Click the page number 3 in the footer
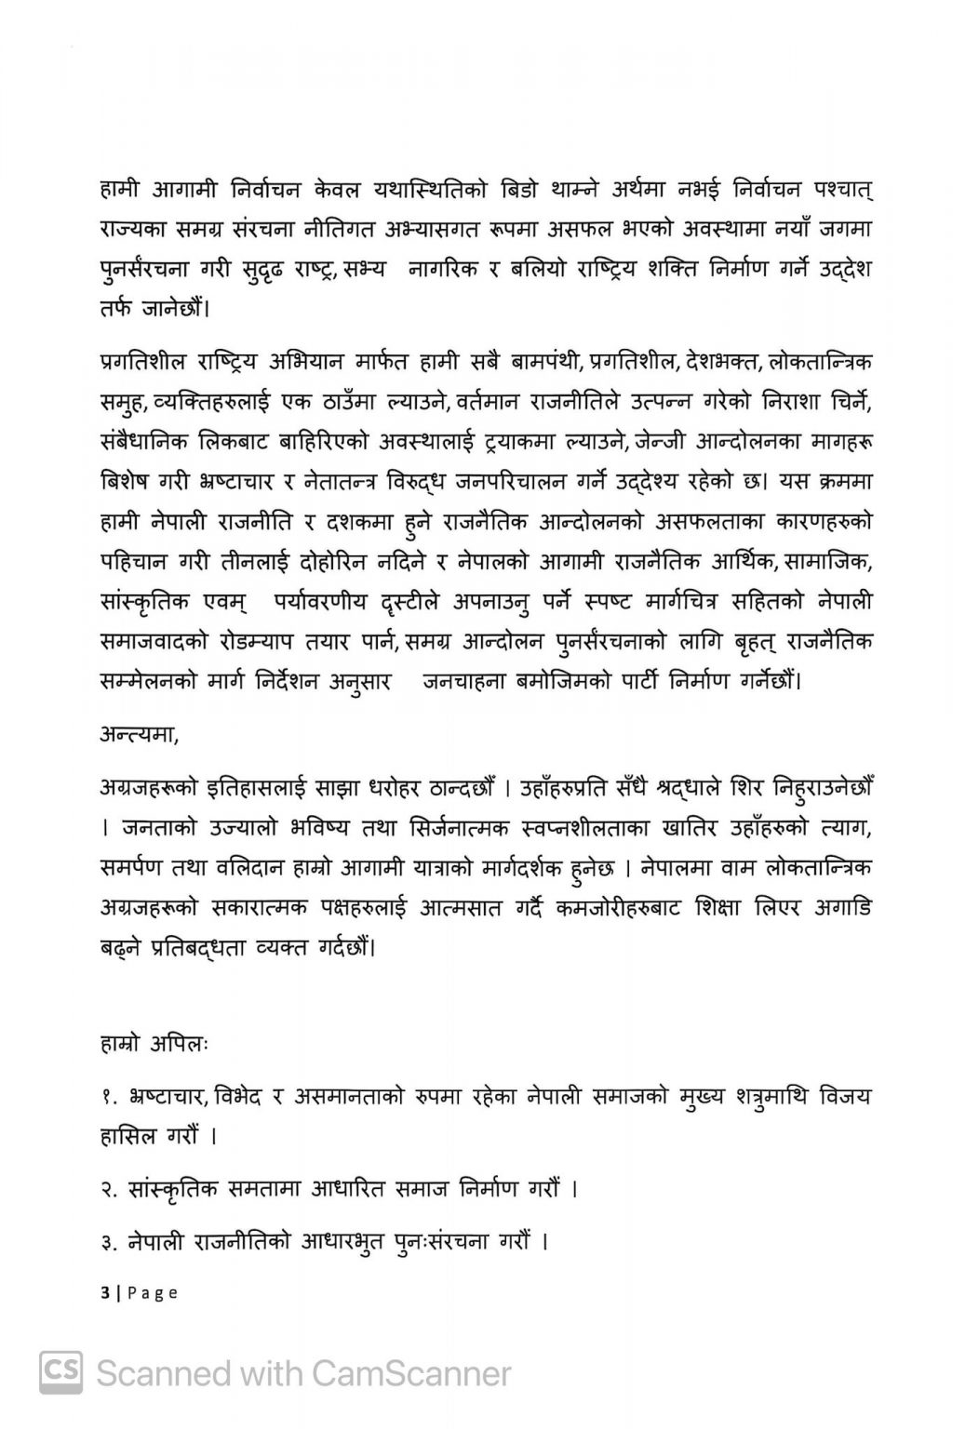click(x=103, y=1292)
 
